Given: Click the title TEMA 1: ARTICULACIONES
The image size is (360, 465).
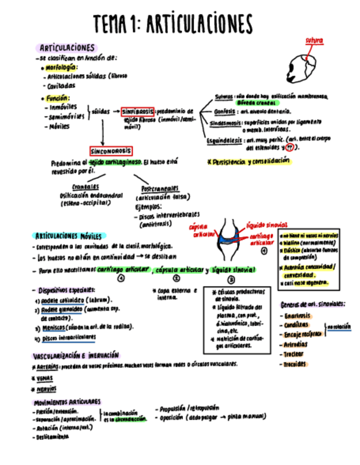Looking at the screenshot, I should (x=173, y=24).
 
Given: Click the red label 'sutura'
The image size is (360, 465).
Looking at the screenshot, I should (x=314, y=41).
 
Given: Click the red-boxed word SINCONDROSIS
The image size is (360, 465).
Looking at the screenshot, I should (x=111, y=151).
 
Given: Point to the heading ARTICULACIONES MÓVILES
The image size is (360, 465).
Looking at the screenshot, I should (x=68, y=236).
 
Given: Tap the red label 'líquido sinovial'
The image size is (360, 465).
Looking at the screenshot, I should (x=267, y=225).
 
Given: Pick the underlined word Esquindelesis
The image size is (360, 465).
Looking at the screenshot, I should (x=224, y=140).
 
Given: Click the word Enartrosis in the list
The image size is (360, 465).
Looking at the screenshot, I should (x=297, y=315).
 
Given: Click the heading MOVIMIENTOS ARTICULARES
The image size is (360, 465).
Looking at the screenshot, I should (x=66, y=402).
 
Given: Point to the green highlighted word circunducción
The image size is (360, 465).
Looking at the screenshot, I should (x=130, y=418).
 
